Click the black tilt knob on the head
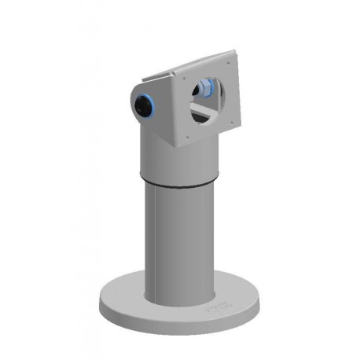click(x=144, y=105)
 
